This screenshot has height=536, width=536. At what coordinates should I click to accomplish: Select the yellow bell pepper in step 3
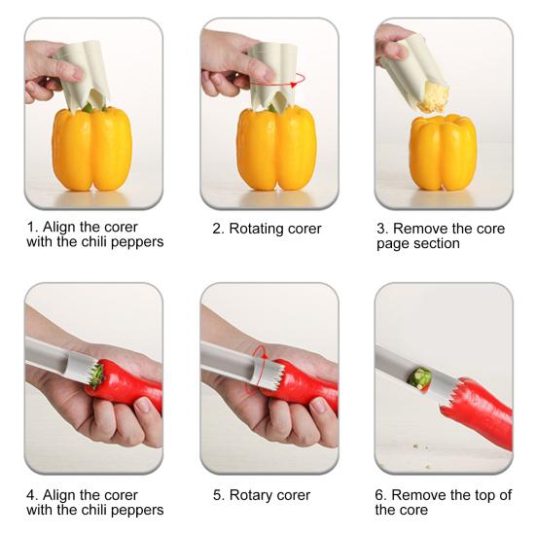tap(443, 153)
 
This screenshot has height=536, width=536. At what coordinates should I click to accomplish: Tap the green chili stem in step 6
tap(421, 377)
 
